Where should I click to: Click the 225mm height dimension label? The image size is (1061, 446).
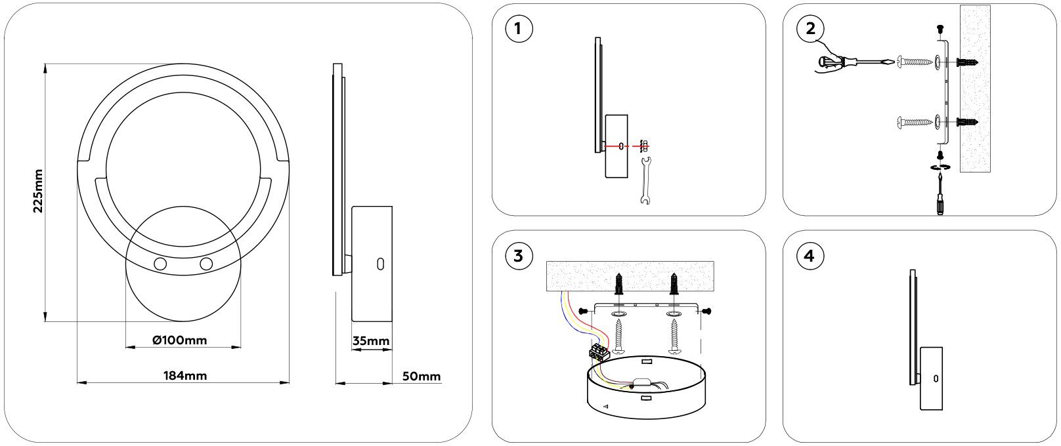[x=38, y=191]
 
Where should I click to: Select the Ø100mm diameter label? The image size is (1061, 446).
[x=179, y=340]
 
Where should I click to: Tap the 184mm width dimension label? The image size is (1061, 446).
[x=184, y=376]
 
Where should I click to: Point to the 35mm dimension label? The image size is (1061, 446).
[x=371, y=341]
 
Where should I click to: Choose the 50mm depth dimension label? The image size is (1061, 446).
[x=421, y=376]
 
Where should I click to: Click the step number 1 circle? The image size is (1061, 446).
[x=519, y=30]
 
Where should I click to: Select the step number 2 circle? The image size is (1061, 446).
[x=810, y=30]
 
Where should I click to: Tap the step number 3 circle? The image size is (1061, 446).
[x=519, y=256]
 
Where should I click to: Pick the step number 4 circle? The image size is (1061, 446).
[x=810, y=256]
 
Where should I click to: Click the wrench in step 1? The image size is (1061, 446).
[x=645, y=180]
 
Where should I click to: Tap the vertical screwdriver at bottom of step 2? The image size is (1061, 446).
[x=940, y=193]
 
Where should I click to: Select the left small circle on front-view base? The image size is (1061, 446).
[x=160, y=264]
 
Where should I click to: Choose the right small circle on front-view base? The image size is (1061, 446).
[x=207, y=264]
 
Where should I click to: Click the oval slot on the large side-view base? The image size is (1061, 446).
[x=379, y=264]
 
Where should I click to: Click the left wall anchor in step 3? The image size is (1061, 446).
[x=618, y=285]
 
